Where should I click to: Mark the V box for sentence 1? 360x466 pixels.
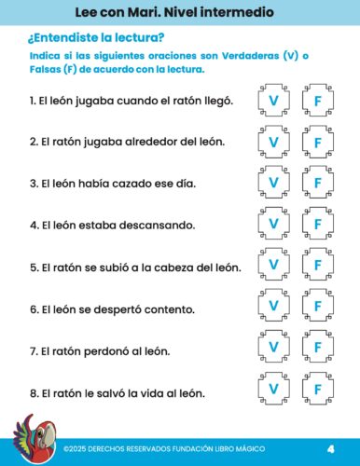[x=273, y=100]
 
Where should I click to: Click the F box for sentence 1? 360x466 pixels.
[x=317, y=100]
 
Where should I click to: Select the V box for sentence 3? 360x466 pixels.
[x=273, y=184]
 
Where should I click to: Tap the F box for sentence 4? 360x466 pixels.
[x=317, y=225]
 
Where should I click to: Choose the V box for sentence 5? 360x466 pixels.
[x=273, y=267]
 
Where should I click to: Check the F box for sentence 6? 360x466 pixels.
[x=317, y=308]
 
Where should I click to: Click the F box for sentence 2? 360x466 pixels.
[x=317, y=142]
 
